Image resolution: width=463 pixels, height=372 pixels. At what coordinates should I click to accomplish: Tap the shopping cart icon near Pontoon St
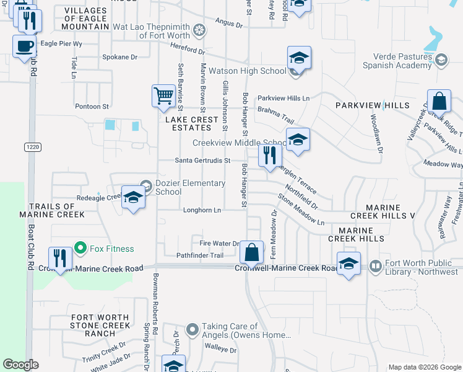pyautogui.click(x=163, y=96)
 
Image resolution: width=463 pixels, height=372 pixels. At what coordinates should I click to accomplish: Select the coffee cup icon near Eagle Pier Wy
pyautogui.click(x=25, y=46)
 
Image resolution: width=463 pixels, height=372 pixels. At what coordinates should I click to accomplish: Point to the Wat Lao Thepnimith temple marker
pyautogui.click(x=199, y=29)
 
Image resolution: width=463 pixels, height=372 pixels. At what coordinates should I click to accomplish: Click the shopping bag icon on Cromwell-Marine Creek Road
pyautogui.click(x=251, y=252)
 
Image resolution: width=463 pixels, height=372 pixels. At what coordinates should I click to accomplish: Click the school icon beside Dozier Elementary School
pyautogui.click(x=133, y=198)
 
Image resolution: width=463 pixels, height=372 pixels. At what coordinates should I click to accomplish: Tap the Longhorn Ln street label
pyautogui.click(x=202, y=210)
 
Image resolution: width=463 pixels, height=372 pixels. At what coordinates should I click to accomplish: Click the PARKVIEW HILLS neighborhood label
pyautogui.click(x=373, y=105)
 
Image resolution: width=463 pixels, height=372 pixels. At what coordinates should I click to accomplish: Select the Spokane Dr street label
pyautogui.click(x=119, y=57)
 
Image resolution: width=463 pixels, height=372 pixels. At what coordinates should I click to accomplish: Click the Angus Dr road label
pyautogui.click(x=228, y=24)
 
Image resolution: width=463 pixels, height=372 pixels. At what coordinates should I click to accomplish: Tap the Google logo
pyautogui.click(x=20, y=365)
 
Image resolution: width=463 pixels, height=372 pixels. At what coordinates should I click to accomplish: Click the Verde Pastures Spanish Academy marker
pyautogui.click(x=441, y=60)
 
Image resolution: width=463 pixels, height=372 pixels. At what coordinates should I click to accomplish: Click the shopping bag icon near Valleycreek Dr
pyautogui.click(x=439, y=102)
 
